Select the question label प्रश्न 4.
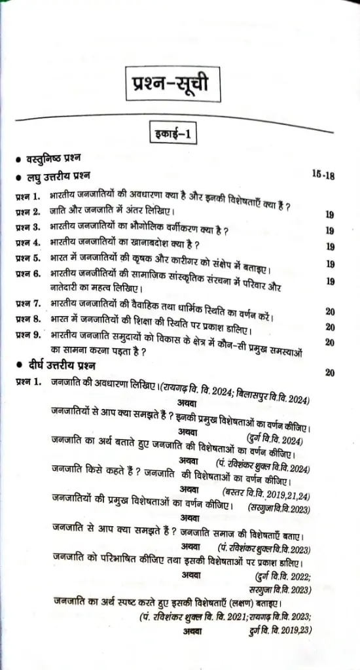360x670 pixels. click(27, 244)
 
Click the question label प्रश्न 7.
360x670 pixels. click(28, 304)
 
